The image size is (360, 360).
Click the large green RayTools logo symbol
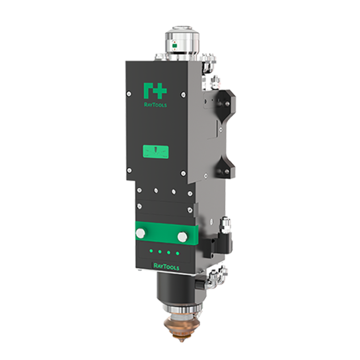click(155, 91)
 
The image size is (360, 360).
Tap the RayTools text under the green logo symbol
click(156, 105)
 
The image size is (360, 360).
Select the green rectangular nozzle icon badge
click(156, 152)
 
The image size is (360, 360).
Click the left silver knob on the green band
click(141, 233)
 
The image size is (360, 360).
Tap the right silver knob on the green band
click(182, 237)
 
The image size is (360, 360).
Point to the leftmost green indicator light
click(151, 251)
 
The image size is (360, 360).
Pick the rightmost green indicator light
click(177, 253)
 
